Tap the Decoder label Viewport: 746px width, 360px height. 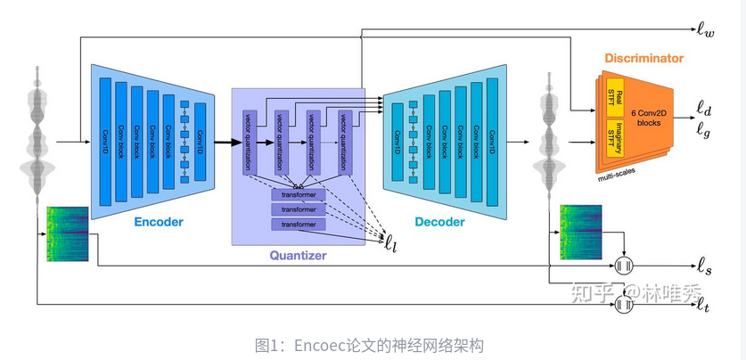(439, 222)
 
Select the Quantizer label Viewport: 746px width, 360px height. (298, 256)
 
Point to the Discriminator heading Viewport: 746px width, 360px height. (644, 59)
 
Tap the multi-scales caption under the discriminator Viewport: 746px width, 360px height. (633, 178)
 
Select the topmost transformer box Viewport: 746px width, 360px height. (299, 194)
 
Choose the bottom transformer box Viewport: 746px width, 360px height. (299, 225)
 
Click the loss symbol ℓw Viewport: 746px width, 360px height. (705, 32)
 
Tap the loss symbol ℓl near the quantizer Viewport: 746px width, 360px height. (391, 238)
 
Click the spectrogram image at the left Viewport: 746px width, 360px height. (68, 234)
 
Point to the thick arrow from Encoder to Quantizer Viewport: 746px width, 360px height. (228, 142)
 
